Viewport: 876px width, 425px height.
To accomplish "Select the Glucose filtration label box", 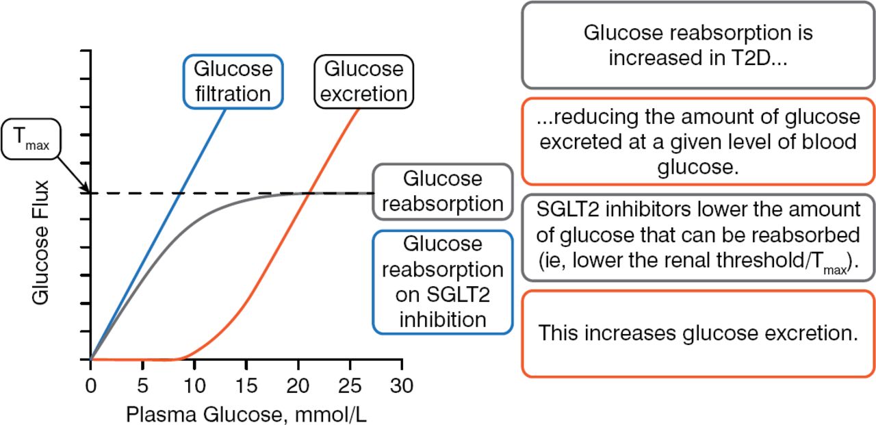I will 233,81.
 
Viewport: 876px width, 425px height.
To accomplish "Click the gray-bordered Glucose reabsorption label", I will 442,192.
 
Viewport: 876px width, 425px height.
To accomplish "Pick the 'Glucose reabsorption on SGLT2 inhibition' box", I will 442,282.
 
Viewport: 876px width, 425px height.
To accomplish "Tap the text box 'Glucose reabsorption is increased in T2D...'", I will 698,45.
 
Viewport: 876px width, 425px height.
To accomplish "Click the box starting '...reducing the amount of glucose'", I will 698,142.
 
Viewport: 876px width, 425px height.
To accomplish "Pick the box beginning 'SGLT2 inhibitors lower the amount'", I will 698,237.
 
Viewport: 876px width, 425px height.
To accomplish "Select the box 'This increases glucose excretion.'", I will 698,333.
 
